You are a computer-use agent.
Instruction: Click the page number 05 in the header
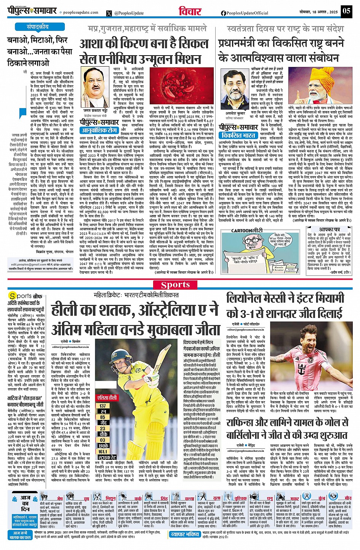346,11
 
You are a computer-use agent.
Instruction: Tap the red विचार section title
190,11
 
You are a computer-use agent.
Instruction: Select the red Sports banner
175,285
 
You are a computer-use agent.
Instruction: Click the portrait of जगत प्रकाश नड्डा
94,83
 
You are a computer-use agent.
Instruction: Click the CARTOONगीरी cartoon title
247,230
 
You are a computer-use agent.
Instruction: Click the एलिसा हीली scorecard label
107,397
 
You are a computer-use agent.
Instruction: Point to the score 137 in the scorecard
103,406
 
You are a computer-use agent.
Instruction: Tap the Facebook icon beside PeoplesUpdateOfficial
223,13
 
